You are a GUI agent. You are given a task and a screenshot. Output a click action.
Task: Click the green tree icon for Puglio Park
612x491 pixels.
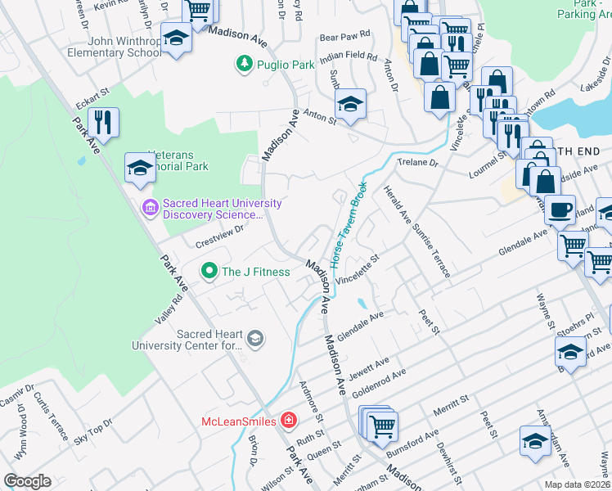[243, 63]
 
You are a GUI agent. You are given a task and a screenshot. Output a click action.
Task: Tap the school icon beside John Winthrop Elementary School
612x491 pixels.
[176, 39]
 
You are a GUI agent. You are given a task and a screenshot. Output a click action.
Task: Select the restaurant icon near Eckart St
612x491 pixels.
[103, 123]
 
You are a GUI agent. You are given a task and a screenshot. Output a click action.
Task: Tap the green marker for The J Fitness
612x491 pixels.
[209, 271]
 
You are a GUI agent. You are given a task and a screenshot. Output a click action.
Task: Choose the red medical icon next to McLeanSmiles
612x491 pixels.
[288, 421]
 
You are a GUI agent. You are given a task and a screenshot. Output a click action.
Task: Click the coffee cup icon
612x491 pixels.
[560, 209]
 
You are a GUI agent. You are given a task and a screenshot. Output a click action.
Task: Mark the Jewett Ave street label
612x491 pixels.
[370, 368]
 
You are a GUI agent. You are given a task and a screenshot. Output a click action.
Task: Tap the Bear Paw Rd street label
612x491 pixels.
[344, 37]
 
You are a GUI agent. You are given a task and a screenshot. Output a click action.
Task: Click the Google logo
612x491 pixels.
[28, 480]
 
